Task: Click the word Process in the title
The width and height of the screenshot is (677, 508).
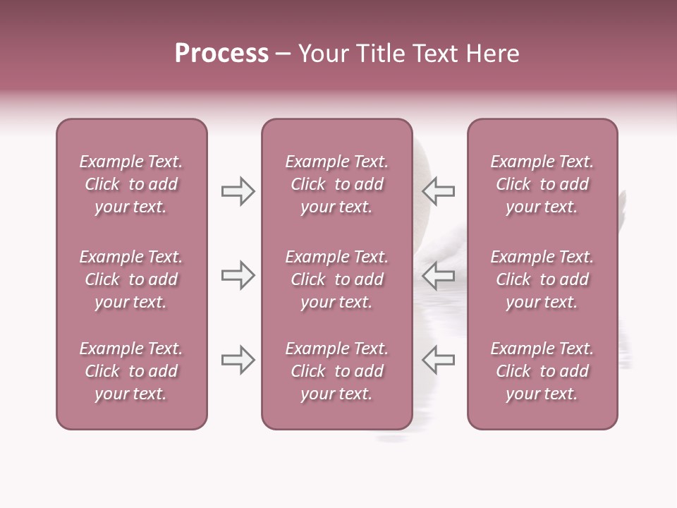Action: [x=221, y=54]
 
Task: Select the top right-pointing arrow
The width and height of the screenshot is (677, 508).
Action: [x=238, y=191]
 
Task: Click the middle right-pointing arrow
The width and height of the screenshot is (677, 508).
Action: [x=238, y=275]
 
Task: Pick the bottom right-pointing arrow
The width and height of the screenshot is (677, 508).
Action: [x=238, y=360]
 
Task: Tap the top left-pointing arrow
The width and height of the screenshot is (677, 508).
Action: [x=438, y=191]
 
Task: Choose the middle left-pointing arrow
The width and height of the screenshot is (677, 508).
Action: [x=438, y=275]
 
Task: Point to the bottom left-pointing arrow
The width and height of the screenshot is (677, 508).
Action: [x=438, y=360]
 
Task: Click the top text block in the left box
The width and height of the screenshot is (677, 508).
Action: [x=131, y=184]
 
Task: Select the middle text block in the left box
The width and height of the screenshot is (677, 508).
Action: [x=131, y=279]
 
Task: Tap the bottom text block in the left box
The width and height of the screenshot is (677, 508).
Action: [x=131, y=371]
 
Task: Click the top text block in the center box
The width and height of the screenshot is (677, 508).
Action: [x=336, y=184]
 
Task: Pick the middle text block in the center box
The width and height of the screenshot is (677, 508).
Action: [x=336, y=279]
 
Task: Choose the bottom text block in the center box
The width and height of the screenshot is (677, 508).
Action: [x=336, y=371]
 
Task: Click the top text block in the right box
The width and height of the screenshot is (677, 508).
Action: [x=542, y=184]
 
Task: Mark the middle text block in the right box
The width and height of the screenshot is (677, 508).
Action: [x=542, y=279]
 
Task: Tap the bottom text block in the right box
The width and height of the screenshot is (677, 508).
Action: [x=542, y=371]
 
